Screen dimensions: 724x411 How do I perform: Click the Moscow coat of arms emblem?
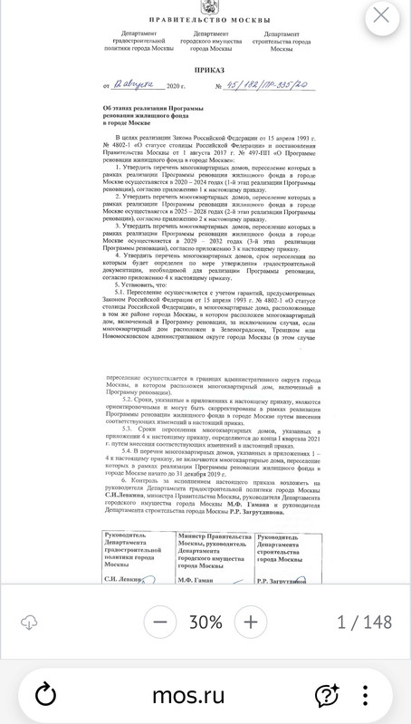pyautogui.click(x=205, y=8)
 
